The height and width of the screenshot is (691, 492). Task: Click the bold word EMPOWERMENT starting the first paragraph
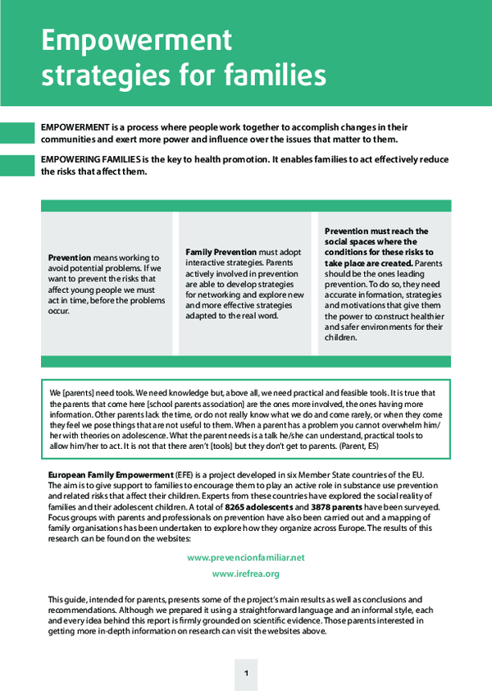point(75,128)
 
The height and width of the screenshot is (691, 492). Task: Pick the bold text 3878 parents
point(335,507)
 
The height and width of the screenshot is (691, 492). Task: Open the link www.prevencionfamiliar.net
point(246,557)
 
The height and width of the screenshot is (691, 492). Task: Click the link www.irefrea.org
point(246,574)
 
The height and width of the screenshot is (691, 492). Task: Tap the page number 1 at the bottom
point(246,674)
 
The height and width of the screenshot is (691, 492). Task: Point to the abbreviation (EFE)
point(186,475)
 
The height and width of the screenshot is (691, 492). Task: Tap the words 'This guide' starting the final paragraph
point(66,600)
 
